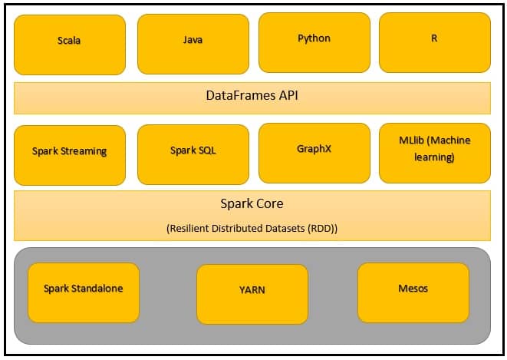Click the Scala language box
[x=70, y=45]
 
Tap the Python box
[x=314, y=41]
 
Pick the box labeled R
[x=434, y=41]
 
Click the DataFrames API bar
[x=252, y=97]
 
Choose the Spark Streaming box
[x=70, y=155]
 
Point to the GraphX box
[x=314, y=152]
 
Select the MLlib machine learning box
[x=434, y=152]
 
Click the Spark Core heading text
[x=252, y=204]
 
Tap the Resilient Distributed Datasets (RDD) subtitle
[x=252, y=228]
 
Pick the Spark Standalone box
[x=84, y=292]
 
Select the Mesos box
[x=413, y=292]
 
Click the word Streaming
[x=83, y=151]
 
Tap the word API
[x=286, y=97]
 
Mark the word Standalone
[x=97, y=289]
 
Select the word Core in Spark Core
[x=268, y=204]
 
